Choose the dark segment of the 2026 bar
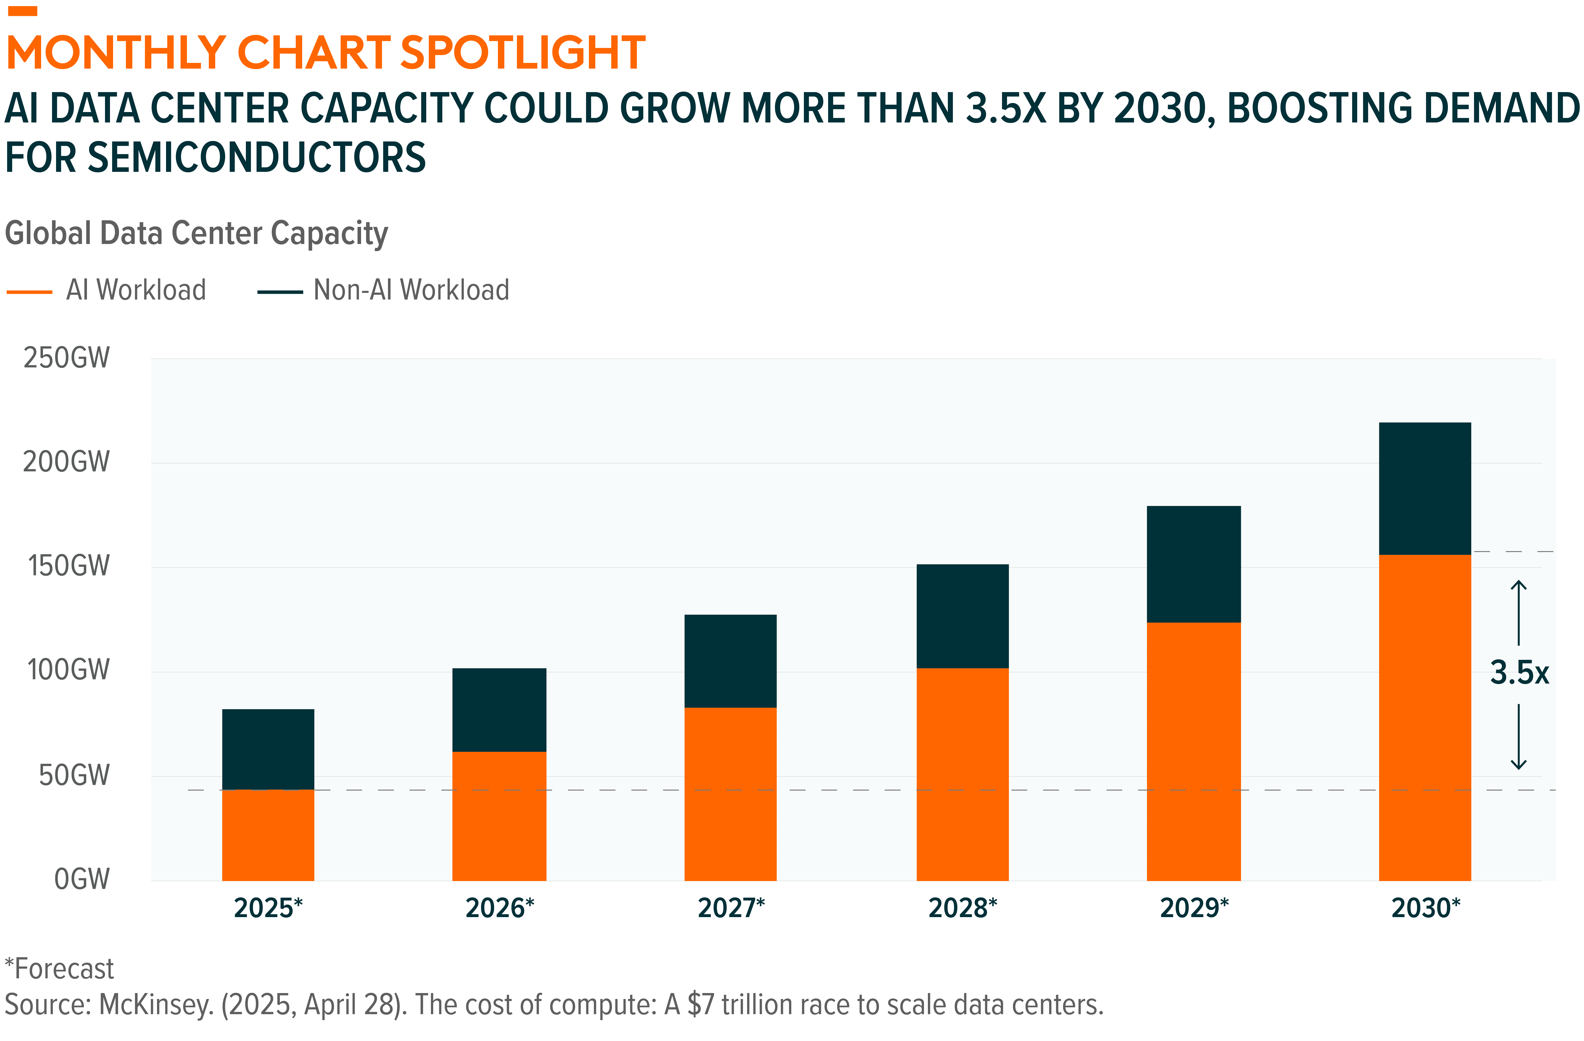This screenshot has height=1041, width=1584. tap(499, 710)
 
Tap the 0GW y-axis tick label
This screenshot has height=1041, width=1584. tap(81, 879)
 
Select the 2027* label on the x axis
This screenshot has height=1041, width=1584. tap(731, 908)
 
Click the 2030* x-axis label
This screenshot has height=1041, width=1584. tap(1426, 908)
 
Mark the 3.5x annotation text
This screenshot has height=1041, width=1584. tap(1519, 673)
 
